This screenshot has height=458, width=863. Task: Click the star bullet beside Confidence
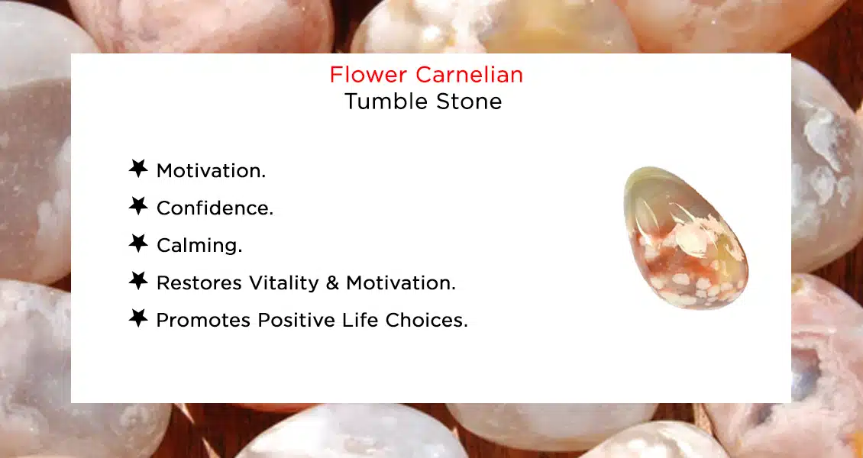[x=138, y=206]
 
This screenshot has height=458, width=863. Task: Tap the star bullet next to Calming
[x=138, y=244]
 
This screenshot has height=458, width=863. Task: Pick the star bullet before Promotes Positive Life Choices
[x=138, y=318]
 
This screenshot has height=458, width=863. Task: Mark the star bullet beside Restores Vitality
[x=138, y=281]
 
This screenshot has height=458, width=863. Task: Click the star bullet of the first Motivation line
[x=138, y=169]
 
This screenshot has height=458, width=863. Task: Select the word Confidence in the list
[x=215, y=208]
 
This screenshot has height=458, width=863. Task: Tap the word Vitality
[x=283, y=282]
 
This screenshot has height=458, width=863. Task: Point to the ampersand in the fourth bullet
[x=332, y=282]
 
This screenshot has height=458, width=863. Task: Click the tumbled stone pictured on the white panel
[x=685, y=238]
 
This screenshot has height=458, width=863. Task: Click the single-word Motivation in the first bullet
[x=211, y=170]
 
